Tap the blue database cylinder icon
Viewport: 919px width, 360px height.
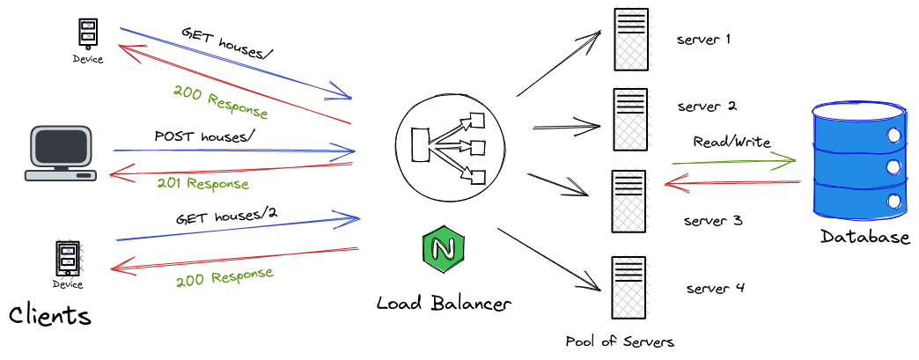pyautogui.click(x=857, y=164)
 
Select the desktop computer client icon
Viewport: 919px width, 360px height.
pyautogui.click(x=61, y=153)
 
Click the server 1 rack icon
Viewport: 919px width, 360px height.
pyautogui.click(x=631, y=40)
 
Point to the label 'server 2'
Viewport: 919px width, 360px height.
pyautogui.click(x=707, y=107)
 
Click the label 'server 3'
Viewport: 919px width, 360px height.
pyautogui.click(x=713, y=220)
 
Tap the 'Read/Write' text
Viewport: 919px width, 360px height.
pyautogui.click(x=732, y=142)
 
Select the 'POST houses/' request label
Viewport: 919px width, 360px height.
pyautogui.click(x=204, y=136)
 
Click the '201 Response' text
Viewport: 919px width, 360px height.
pyautogui.click(x=202, y=184)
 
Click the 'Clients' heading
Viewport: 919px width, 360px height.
pyautogui.click(x=50, y=315)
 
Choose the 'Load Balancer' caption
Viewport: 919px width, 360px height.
pyautogui.click(x=443, y=304)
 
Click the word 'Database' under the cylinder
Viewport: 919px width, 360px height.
pyautogui.click(x=864, y=237)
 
